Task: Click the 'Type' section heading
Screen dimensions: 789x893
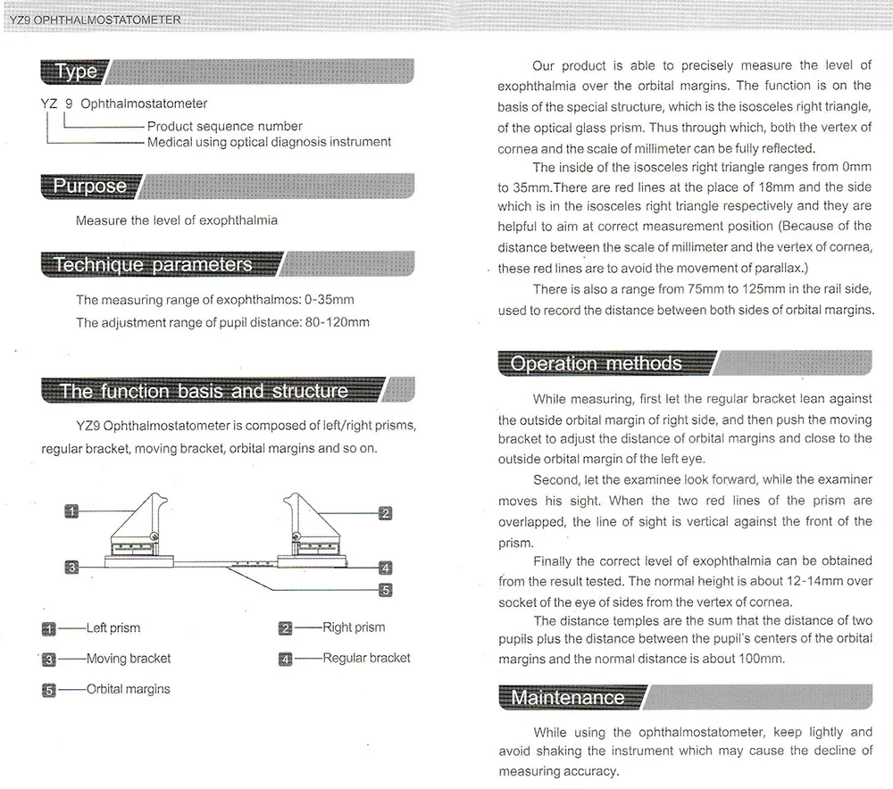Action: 75,71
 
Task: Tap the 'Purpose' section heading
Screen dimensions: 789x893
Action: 89,186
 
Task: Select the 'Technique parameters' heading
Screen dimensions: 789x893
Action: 153,264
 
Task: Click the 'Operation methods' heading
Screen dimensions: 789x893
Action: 596,363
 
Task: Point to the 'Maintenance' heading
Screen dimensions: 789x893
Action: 568,697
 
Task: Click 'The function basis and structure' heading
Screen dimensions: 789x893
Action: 204,391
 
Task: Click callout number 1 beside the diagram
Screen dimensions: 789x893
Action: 72,511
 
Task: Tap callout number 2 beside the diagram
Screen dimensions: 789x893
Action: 386,512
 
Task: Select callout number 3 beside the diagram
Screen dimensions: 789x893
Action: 72,566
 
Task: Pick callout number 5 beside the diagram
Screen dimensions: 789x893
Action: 386,590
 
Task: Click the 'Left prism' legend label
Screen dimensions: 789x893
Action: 113,627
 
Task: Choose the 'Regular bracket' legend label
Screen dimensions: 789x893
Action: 366,658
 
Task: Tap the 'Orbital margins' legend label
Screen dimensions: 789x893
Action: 128,689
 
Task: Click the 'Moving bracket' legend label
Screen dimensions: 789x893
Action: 128,659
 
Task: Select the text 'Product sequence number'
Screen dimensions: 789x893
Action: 224,126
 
